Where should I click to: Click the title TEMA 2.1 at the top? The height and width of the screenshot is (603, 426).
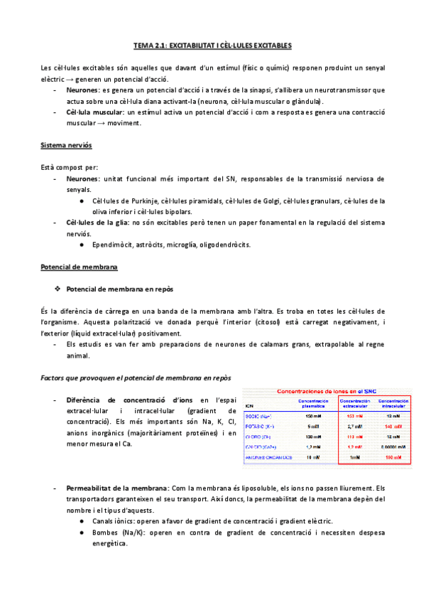213,46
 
